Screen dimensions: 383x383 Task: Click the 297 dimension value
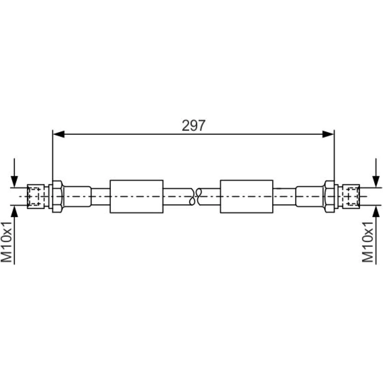pos(193,125)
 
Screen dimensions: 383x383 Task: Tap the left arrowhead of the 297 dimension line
pos(59,134)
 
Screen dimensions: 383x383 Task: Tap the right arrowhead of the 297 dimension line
pos(328,134)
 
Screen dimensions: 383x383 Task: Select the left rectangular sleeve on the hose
pos(137,196)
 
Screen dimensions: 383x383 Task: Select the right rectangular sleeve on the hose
pos(247,196)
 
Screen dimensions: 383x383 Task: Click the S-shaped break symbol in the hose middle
pos(195,196)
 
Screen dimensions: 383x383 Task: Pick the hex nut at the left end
pos(58,196)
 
